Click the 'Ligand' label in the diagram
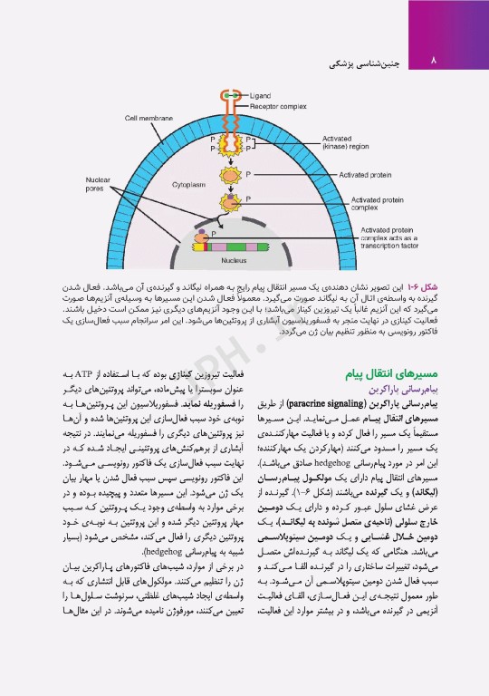pos(259,94)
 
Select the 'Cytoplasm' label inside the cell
pos(188,184)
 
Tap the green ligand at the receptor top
pos(233,94)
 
